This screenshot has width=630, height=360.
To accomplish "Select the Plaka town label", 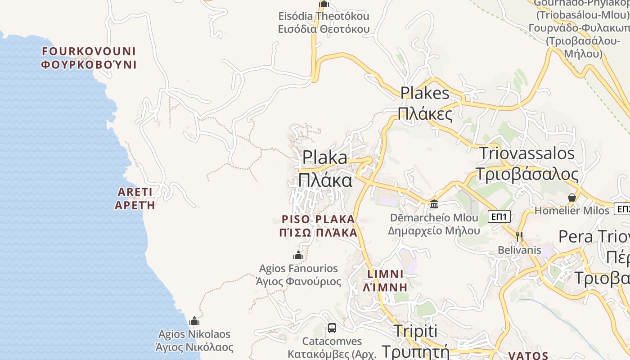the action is tap(325, 169).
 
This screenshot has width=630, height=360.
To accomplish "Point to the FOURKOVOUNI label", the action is tap(89, 58).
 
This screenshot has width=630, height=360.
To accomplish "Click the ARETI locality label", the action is tap(135, 198).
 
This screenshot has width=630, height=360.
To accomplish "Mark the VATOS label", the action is tap(528, 355).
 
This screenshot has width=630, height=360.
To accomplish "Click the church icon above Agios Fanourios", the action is tap(298, 256).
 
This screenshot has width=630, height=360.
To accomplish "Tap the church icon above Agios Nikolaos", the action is tap(194, 321).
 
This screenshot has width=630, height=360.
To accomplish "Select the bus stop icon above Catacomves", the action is tap(332, 328).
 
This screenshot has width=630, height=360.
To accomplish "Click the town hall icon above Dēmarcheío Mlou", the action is tap(434, 204).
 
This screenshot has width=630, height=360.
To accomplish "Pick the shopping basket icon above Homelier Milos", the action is tap(571, 198).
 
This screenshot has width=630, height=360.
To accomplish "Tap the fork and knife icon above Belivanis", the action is tap(519, 236).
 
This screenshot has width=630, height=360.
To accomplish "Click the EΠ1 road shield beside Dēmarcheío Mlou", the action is tap(499, 217).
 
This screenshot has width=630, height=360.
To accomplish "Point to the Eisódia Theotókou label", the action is tap(324, 22).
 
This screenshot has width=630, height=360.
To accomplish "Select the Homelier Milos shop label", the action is tap(571, 211).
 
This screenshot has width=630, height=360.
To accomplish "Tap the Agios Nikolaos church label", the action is tap(194, 341).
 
